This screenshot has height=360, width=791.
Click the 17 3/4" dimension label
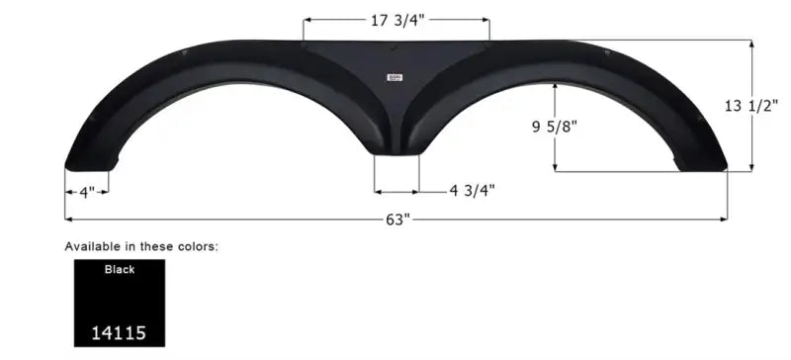click(397, 21)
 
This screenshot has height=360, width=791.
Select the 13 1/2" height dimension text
click(751, 106)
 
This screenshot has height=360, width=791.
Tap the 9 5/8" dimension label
click(554, 127)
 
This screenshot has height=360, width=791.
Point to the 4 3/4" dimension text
click(473, 190)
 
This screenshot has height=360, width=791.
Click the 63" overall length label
click(398, 220)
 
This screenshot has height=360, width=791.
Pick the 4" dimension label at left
click(87, 193)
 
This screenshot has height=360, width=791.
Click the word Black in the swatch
click(120, 270)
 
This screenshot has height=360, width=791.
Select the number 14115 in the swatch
click(119, 333)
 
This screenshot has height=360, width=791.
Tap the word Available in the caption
click(93, 247)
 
